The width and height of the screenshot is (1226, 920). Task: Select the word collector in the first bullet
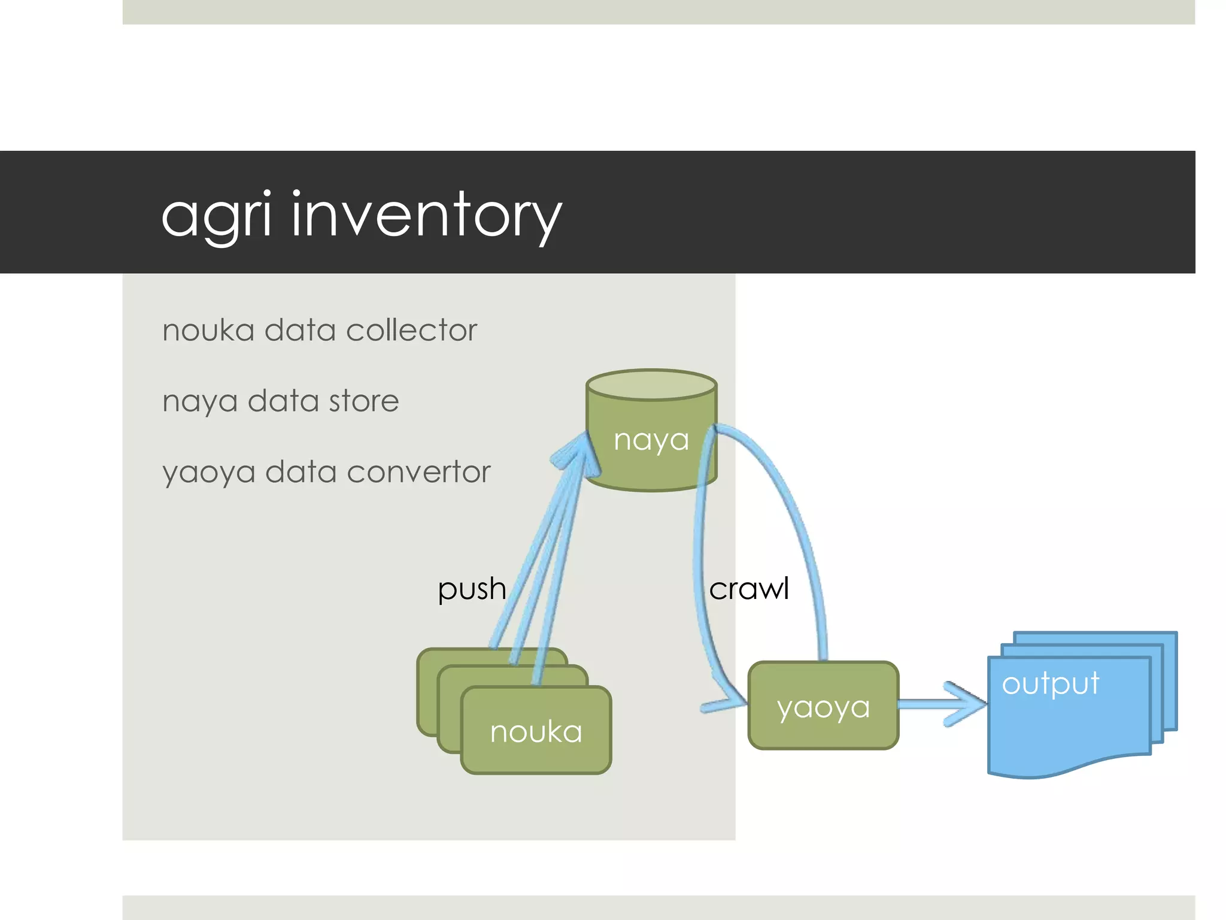411,330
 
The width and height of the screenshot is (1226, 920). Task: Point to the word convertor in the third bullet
418,471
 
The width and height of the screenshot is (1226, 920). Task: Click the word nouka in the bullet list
208,331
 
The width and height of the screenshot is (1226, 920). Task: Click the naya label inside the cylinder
651,440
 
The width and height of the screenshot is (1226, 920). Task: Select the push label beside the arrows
472,589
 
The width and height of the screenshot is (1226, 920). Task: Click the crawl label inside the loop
748,589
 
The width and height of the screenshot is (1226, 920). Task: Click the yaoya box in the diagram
823,707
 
